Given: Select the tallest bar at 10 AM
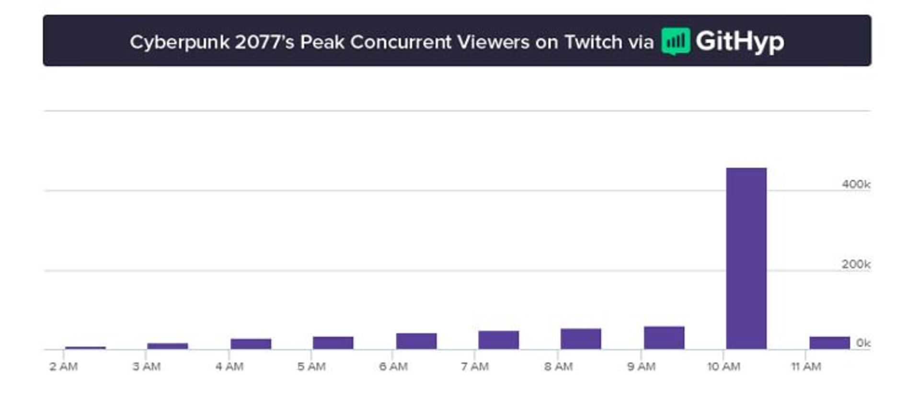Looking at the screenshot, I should click(x=746, y=258).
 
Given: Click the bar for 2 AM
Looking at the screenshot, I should click(x=85, y=347).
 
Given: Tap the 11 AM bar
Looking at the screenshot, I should click(x=829, y=343).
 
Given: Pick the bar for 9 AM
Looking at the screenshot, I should click(x=664, y=337).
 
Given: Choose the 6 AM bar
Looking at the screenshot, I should click(x=416, y=341).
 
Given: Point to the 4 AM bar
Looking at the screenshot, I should click(x=251, y=344).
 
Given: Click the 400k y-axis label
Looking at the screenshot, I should click(x=856, y=184).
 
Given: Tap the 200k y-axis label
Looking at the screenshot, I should click(x=856, y=264).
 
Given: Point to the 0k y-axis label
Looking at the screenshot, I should click(x=863, y=343).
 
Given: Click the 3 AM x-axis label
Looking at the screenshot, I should click(x=147, y=367).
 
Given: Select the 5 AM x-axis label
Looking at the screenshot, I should click(x=311, y=367).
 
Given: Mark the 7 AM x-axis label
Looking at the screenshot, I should click(x=475, y=367).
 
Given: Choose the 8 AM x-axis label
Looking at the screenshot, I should click(x=558, y=367).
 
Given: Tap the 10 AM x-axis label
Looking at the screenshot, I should click(x=724, y=367).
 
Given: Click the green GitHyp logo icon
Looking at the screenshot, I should click(x=676, y=41).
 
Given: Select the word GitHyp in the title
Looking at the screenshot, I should click(x=740, y=41).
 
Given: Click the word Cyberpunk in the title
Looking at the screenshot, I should click(x=180, y=42).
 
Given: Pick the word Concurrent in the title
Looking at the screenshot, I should click(x=401, y=42).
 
